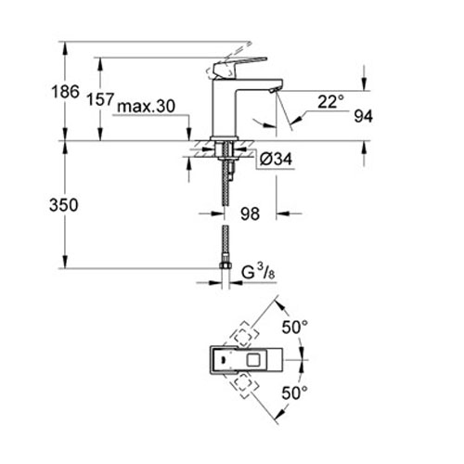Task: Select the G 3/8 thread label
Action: coord(259,273)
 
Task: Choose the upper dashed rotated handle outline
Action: coord(244,330)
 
